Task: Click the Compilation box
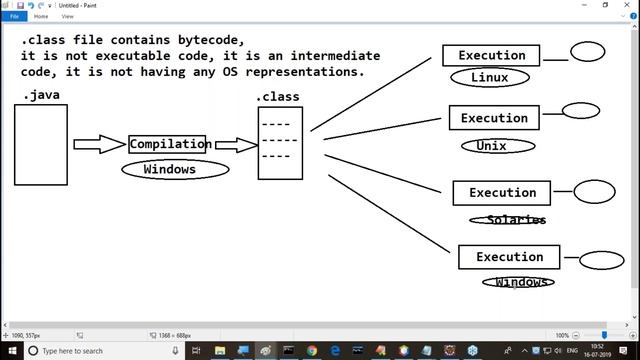click(x=167, y=144)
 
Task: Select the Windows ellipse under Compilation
click(x=169, y=169)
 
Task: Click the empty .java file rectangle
click(x=40, y=145)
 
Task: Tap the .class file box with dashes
click(x=280, y=141)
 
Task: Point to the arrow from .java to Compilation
click(x=100, y=144)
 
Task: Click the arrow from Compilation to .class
click(x=236, y=145)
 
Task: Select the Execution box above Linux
click(x=491, y=56)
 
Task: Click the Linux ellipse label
click(x=489, y=77)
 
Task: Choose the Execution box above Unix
click(x=494, y=118)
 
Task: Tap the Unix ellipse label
click(x=492, y=145)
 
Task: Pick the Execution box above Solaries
click(x=502, y=193)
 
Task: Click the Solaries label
click(x=509, y=219)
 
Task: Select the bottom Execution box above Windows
click(x=509, y=257)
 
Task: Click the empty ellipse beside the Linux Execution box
click(x=587, y=52)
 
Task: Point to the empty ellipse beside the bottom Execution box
click(x=601, y=260)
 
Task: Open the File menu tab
click(x=15, y=16)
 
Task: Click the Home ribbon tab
click(x=41, y=16)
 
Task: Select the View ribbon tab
click(x=67, y=16)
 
